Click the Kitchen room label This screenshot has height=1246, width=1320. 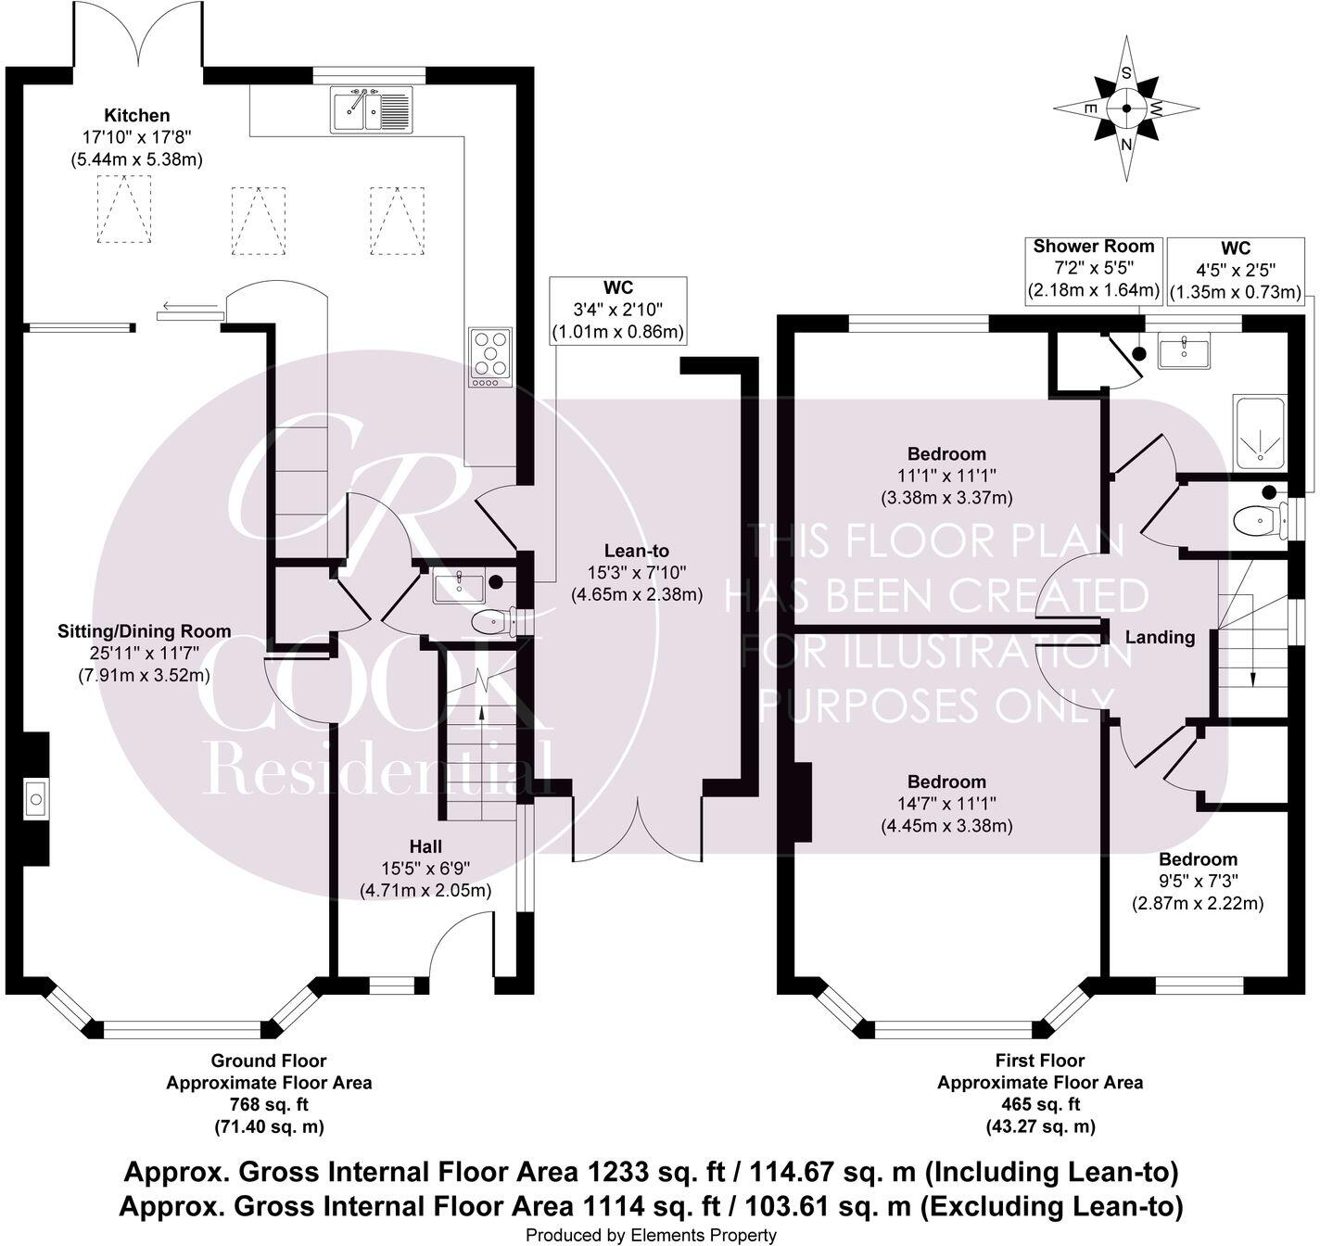click(x=137, y=116)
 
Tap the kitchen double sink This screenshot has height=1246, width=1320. click(x=372, y=109)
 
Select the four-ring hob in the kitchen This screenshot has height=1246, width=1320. click(x=490, y=357)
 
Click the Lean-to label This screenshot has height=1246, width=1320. click(x=636, y=551)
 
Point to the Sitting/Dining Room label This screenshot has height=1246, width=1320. click(x=145, y=631)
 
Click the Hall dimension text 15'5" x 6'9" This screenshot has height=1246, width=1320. click(x=425, y=869)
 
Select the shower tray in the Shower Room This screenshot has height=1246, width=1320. click(x=1260, y=431)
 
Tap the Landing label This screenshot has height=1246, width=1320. click(x=1160, y=637)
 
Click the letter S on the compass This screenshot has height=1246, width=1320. click(x=1126, y=74)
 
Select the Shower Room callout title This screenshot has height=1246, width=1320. click(x=1093, y=246)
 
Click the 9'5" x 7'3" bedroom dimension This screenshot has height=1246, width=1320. click(x=1198, y=881)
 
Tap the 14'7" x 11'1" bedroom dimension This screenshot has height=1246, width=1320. click(x=946, y=803)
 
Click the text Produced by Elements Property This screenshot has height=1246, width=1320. click(x=651, y=1236)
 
